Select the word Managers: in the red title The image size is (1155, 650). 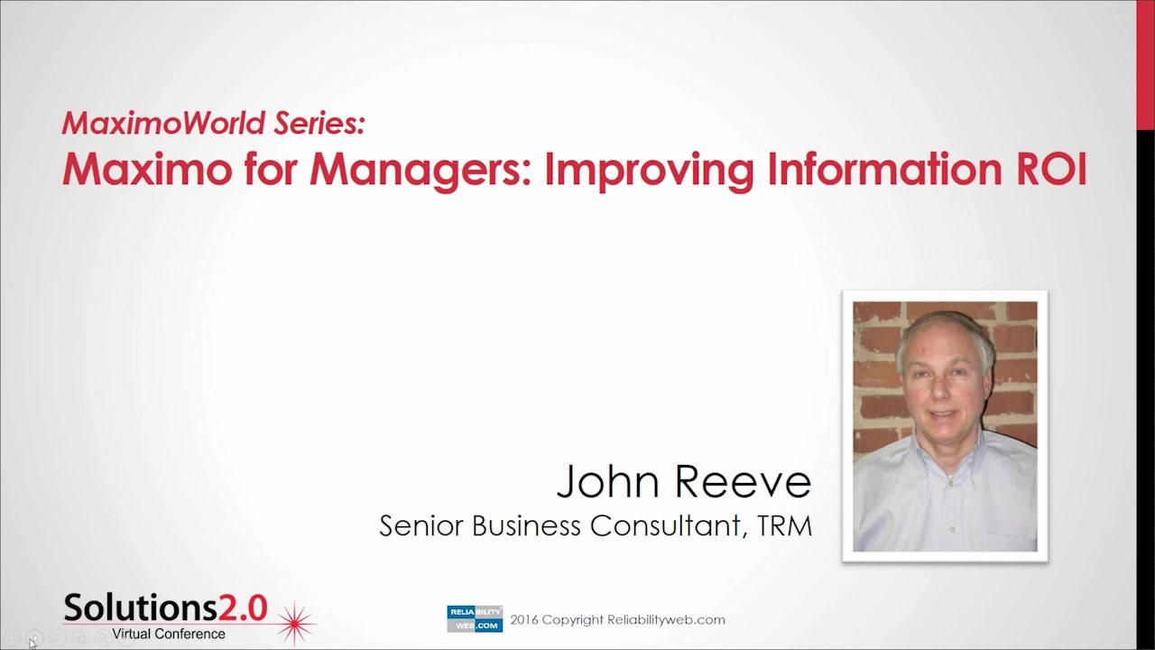click(x=421, y=170)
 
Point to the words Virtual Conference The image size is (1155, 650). click(x=169, y=634)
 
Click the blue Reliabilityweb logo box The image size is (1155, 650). click(x=475, y=618)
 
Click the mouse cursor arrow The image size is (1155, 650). click(x=32, y=643)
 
